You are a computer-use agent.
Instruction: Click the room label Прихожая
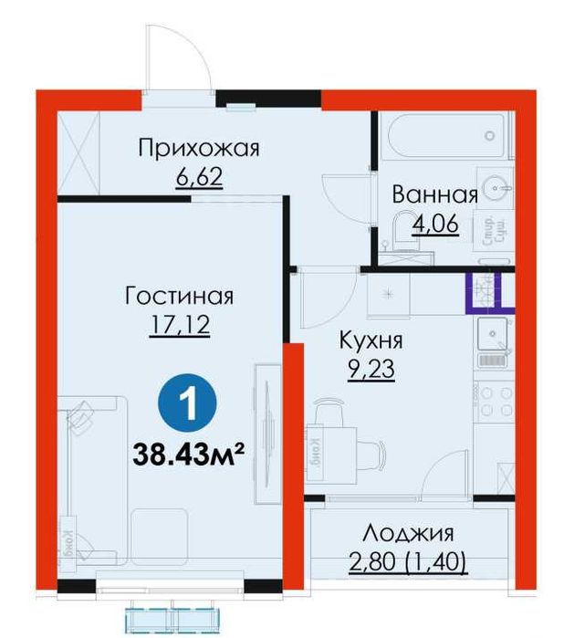(199, 148)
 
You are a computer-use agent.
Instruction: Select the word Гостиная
(180, 297)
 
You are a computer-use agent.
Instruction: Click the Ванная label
(434, 194)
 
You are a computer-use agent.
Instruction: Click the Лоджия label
(407, 534)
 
